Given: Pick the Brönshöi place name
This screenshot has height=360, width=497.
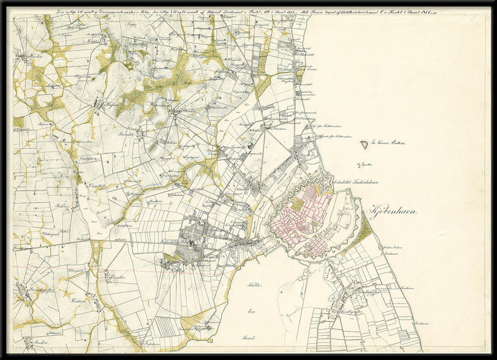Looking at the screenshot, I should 134,132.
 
